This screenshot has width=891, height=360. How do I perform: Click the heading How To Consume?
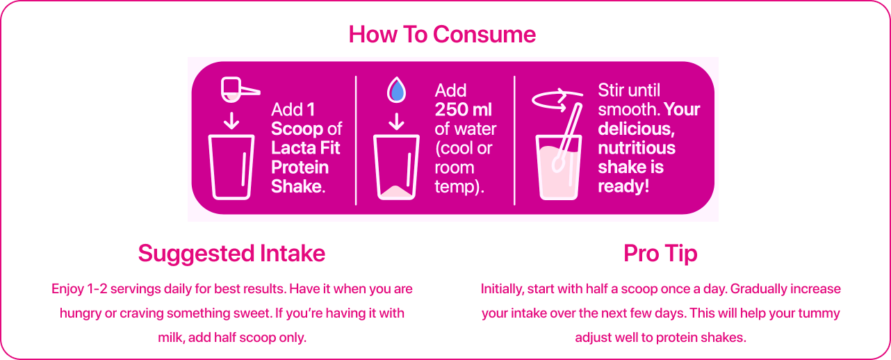pyautogui.click(x=442, y=34)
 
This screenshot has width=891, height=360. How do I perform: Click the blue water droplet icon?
pyautogui.click(x=396, y=90)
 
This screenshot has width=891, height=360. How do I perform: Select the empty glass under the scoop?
pyautogui.click(x=231, y=167)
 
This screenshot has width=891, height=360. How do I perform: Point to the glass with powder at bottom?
pyautogui.click(x=396, y=167)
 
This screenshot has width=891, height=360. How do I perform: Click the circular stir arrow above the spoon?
pyautogui.click(x=557, y=100)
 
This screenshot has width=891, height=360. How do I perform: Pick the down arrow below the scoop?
pyautogui.click(x=231, y=121)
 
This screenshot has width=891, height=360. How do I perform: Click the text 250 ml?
pyautogui.click(x=463, y=110)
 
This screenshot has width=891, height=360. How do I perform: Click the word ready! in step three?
pyautogui.click(x=623, y=186)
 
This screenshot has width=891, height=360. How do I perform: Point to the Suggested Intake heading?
pyautogui.click(x=231, y=254)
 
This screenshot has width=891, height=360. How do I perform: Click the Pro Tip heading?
pyautogui.click(x=660, y=254)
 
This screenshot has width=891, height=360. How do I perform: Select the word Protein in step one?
pyautogui.click(x=300, y=167)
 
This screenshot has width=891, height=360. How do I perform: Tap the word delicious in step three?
pyautogui.click(x=635, y=129)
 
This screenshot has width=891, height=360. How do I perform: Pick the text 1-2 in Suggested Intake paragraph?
pyautogui.click(x=97, y=289)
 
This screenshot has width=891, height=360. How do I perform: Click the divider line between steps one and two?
pyautogui.click(x=356, y=140)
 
